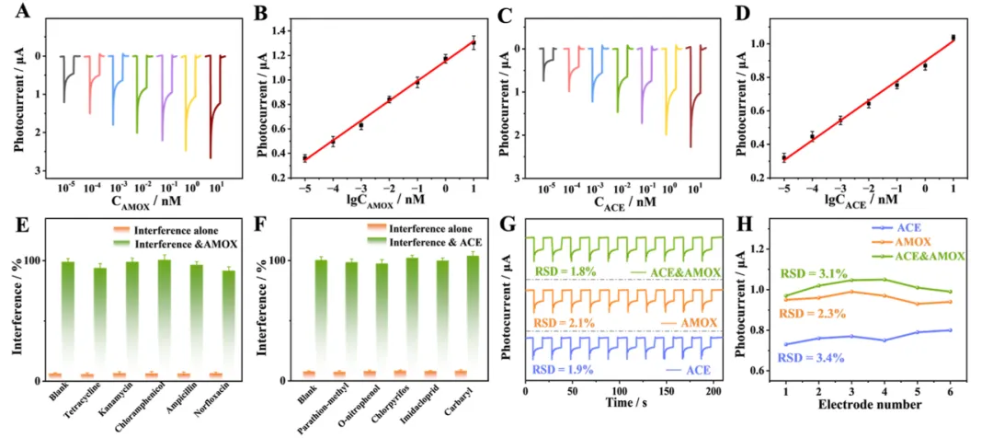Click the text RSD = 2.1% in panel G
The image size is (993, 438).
558,322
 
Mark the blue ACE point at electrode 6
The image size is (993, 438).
949,329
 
